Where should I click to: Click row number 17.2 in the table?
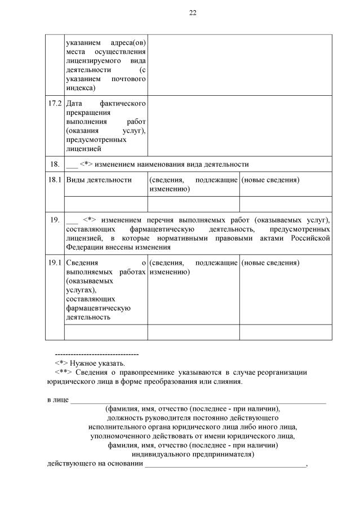(54, 104)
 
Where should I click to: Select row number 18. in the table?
(55, 164)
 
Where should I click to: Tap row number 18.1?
(54, 180)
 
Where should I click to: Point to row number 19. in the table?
(55, 220)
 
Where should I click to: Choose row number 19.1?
(54, 263)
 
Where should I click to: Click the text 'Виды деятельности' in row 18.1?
(99, 180)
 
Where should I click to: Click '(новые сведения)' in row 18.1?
(270, 180)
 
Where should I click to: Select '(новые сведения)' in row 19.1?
(270, 263)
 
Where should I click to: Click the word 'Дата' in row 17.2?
(75, 104)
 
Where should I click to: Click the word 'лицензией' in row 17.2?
(83, 149)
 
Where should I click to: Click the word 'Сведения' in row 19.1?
(82, 263)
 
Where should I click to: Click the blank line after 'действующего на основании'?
(225, 464)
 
